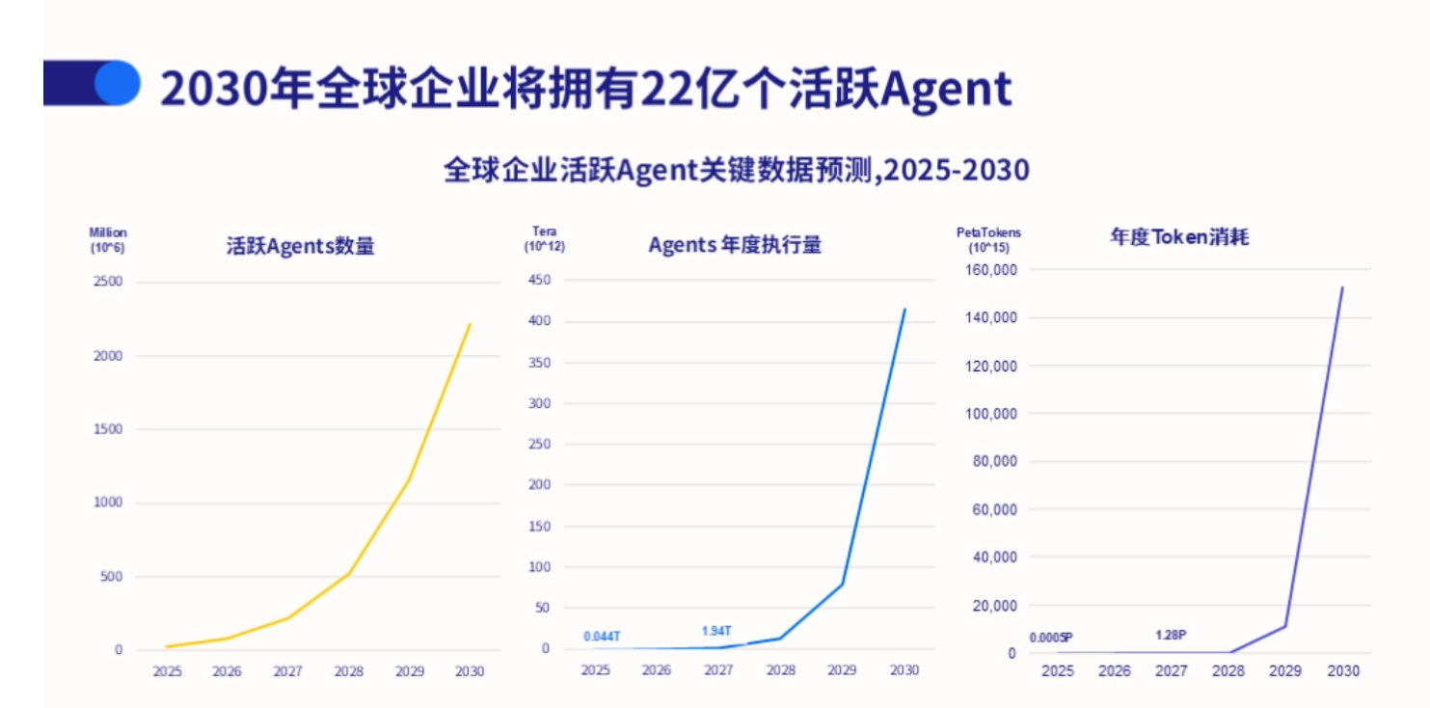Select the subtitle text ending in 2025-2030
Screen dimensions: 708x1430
coord(736,171)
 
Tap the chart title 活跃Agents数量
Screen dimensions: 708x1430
coord(300,246)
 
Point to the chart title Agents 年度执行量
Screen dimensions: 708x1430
coord(735,245)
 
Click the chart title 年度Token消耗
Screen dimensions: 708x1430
coord(1179,236)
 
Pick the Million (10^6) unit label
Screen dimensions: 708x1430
coord(107,240)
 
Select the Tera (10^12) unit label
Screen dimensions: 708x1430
coord(545,239)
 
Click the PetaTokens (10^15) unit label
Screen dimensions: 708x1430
coord(987,240)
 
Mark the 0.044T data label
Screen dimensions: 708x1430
coord(602,637)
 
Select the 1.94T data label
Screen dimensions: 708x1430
coord(716,631)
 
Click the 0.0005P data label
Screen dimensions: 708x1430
coord(1051,638)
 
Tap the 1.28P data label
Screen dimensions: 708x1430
coord(1170,635)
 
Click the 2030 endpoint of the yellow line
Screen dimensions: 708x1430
coord(471,324)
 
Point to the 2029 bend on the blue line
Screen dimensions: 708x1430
coord(842,584)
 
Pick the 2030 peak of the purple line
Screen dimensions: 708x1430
coord(1342,287)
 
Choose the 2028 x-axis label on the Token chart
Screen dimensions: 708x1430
coord(1229,671)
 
